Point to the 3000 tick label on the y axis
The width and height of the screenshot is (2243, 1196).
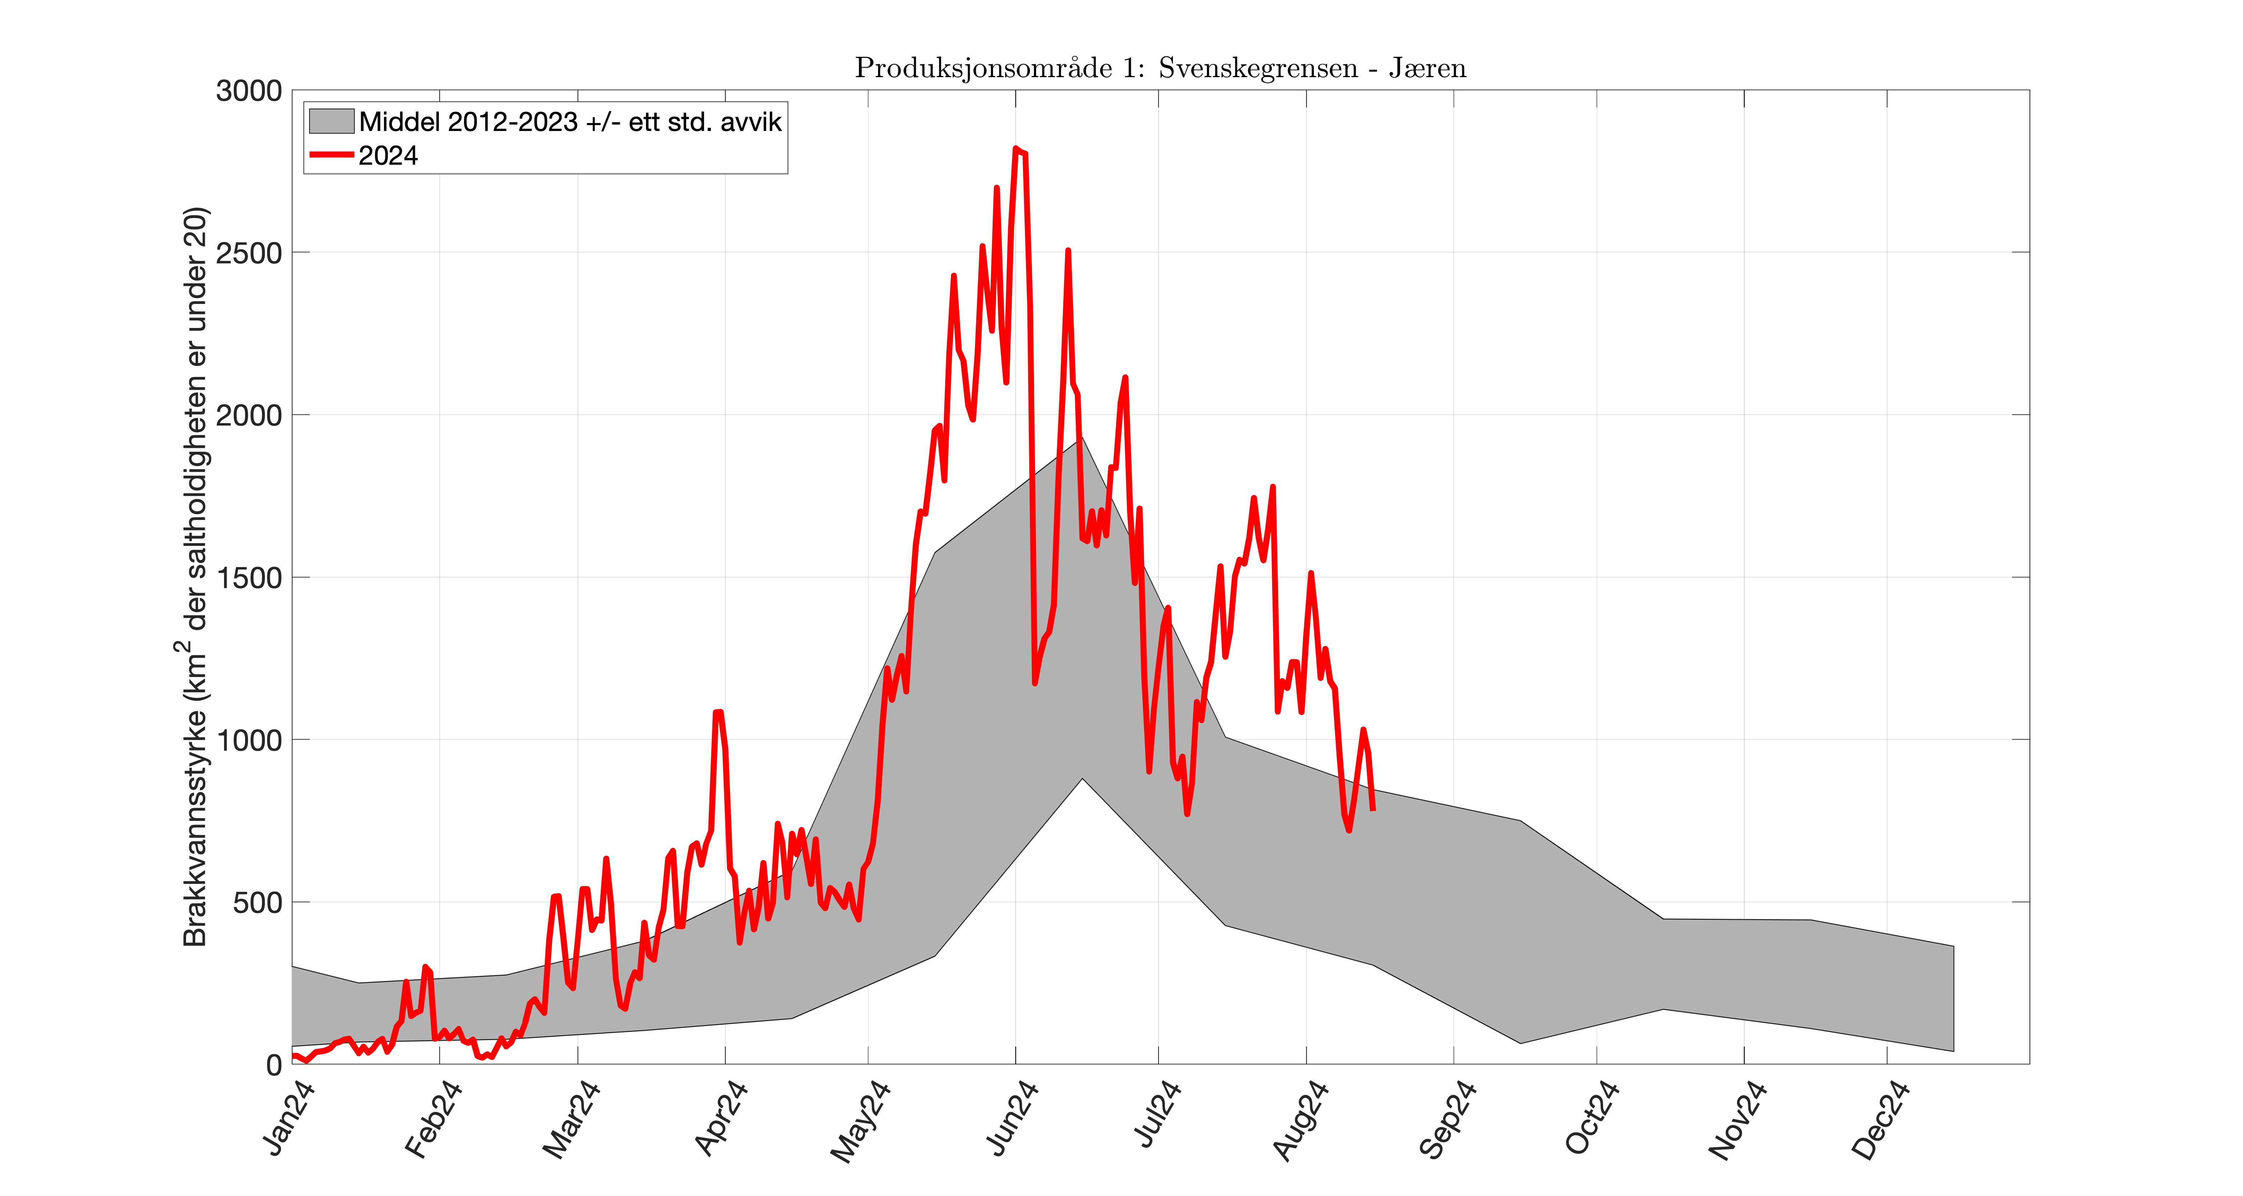pyautogui.click(x=249, y=90)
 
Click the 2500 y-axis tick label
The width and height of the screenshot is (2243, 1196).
pyautogui.click(x=249, y=253)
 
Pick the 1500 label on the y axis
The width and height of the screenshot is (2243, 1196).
pyautogui.click(x=249, y=578)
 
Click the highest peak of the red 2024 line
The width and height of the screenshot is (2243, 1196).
pyautogui.click(x=1015, y=149)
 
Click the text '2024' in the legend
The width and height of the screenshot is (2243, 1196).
pyautogui.click(x=388, y=156)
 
